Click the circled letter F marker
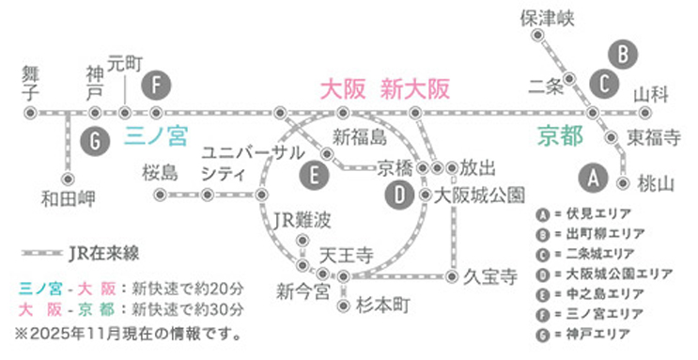[158, 86]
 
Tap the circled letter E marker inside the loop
[313, 174]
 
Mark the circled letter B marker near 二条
[621, 53]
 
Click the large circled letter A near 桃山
[593, 176]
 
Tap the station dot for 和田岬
[68, 178]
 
